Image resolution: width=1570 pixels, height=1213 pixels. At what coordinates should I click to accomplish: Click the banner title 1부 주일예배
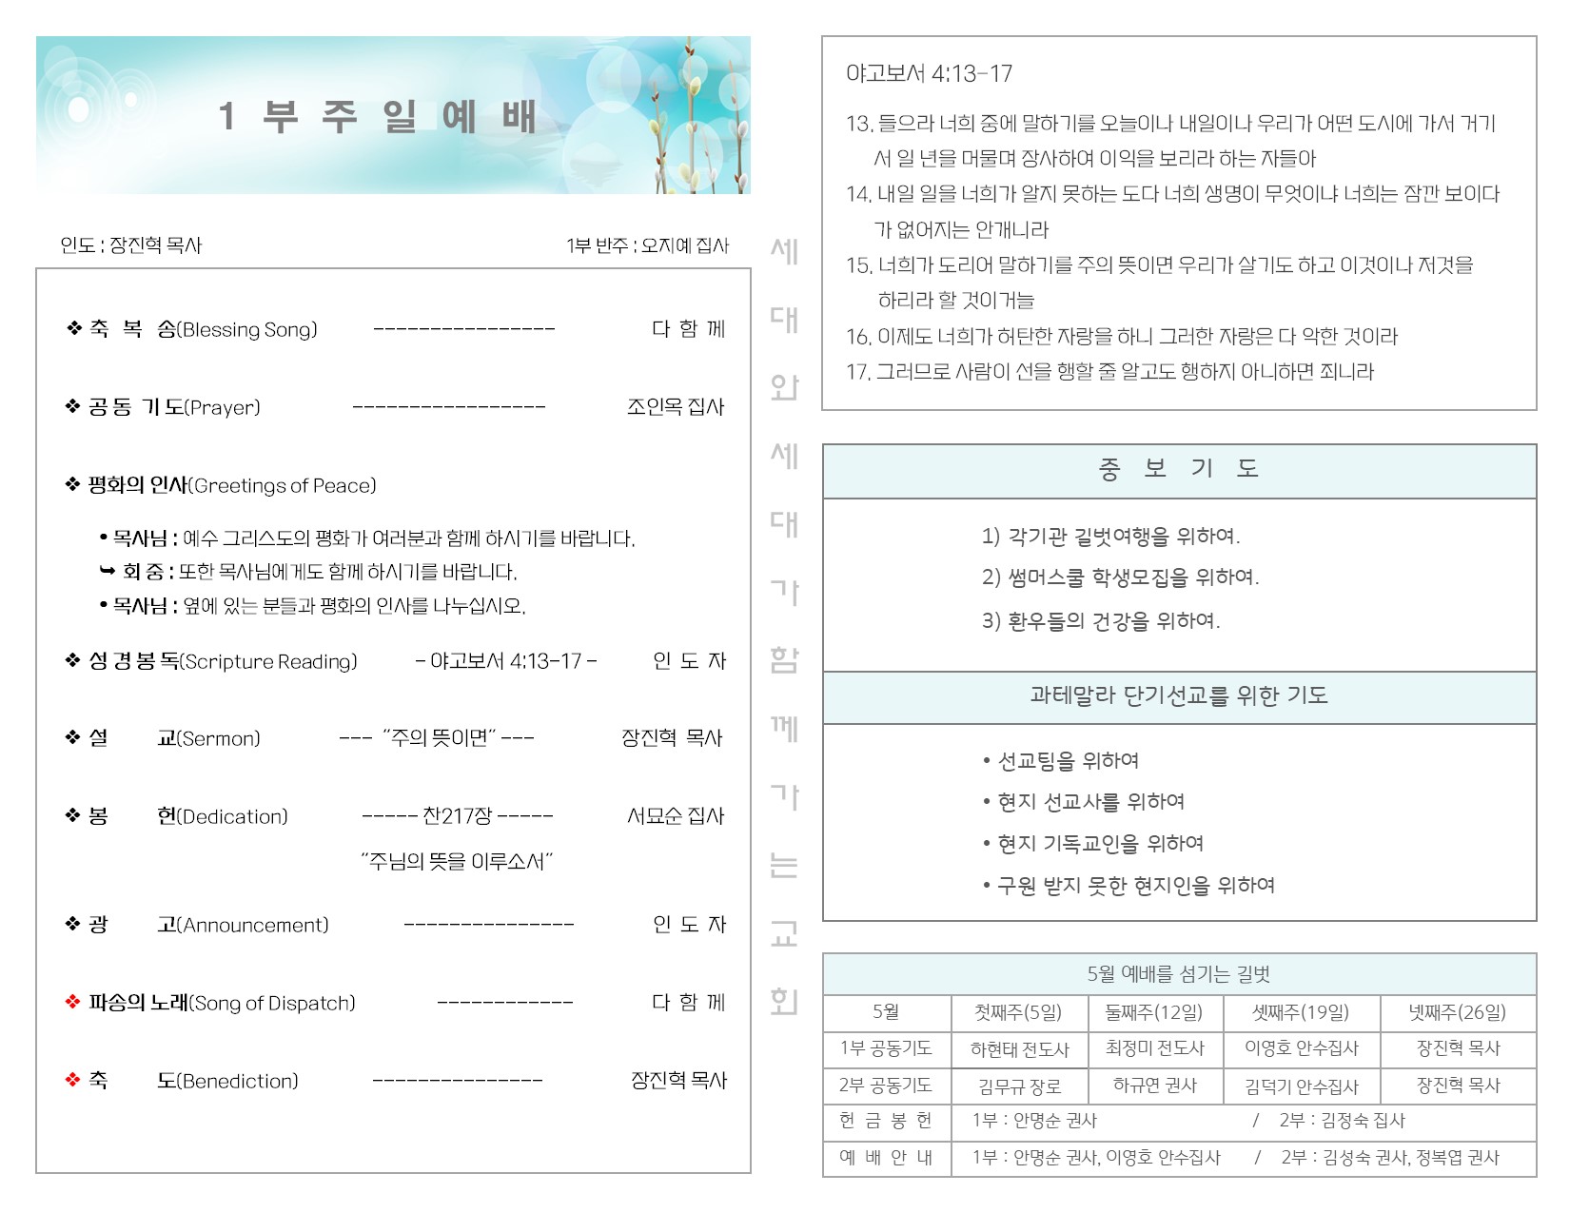378,117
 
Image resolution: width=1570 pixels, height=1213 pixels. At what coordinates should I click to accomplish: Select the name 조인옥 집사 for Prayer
675,407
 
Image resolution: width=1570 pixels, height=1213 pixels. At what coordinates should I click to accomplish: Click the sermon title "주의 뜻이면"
438,738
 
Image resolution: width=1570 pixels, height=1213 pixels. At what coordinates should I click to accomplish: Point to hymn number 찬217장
457,816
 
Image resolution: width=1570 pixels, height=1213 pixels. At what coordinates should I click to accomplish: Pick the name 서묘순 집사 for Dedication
675,816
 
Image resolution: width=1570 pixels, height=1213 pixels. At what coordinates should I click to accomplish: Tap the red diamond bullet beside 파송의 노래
72,1003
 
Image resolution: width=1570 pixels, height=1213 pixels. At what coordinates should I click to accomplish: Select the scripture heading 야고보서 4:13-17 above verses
929,74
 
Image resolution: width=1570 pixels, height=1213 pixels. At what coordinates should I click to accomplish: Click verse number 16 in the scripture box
857,337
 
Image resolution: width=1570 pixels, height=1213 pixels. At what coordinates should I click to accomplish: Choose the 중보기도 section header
1178,469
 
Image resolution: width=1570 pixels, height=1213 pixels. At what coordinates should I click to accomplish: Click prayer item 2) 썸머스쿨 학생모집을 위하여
1120,577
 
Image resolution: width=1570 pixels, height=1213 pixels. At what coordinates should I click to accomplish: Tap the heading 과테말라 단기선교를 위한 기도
1178,696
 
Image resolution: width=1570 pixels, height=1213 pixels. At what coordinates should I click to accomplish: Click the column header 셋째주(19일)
1301,1013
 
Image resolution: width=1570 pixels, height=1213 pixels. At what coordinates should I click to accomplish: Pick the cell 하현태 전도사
1019,1049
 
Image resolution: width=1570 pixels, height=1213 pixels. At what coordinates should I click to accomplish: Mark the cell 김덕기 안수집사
1301,1086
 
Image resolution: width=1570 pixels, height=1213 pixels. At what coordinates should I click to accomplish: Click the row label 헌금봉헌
886,1122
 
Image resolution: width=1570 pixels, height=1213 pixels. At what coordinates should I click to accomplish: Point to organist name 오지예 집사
683,245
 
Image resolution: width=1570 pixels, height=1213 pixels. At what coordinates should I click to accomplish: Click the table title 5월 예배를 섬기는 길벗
1178,975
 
